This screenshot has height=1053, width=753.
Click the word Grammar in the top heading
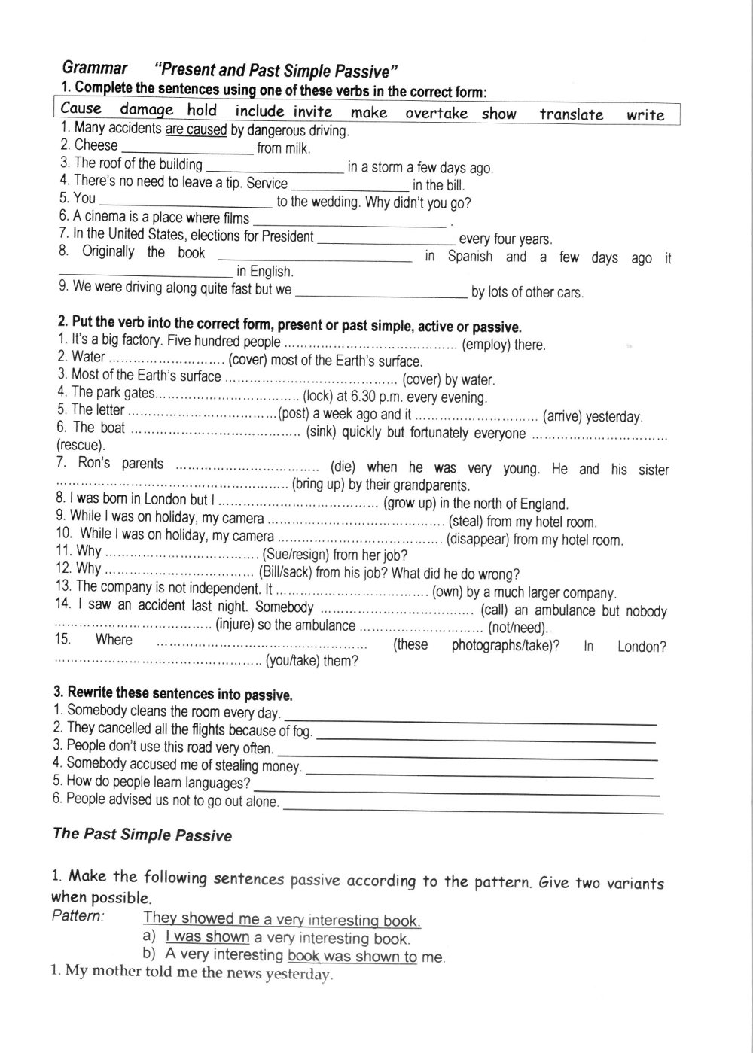(x=94, y=68)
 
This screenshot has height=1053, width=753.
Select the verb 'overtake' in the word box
(x=436, y=114)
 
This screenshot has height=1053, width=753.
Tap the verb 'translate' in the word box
(x=571, y=114)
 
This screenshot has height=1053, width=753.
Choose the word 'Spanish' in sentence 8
(x=470, y=257)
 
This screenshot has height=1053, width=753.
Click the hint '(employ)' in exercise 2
(x=486, y=345)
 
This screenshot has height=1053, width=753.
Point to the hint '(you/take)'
(x=292, y=662)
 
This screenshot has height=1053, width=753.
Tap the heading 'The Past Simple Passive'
(x=142, y=834)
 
